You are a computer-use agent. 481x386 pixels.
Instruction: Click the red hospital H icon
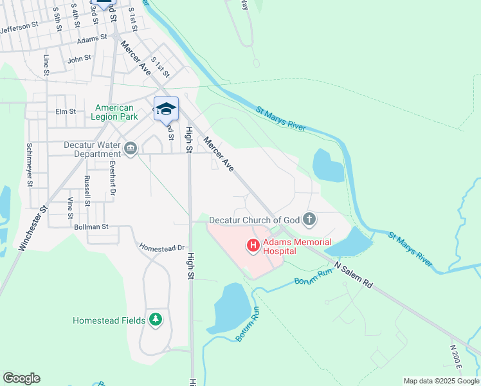click(253, 245)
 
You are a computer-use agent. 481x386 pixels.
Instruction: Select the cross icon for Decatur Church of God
click(309, 220)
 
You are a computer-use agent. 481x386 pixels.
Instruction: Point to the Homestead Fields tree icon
click(155, 319)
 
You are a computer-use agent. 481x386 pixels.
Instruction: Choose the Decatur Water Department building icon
click(131, 149)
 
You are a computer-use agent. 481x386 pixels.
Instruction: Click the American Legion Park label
click(114, 113)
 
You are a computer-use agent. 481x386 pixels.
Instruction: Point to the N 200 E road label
click(456, 356)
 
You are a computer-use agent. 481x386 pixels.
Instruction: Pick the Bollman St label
click(91, 227)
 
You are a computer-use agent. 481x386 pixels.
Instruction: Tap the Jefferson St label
click(19, 29)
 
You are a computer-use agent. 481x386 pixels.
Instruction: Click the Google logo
click(21, 378)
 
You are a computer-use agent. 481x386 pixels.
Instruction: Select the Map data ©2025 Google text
click(441, 381)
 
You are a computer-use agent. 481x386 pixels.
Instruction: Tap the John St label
click(80, 59)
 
